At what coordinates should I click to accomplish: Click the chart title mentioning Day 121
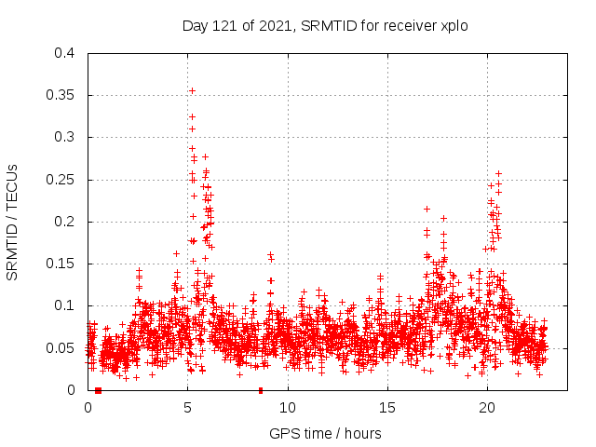(x=324, y=25)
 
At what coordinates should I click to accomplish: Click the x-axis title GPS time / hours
(x=325, y=433)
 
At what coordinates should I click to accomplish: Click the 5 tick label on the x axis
(x=188, y=407)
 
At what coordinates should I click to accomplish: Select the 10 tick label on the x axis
(x=288, y=407)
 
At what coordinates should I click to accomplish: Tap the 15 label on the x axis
(x=387, y=407)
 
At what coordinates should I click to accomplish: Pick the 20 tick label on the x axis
(x=487, y=407)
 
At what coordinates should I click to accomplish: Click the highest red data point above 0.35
(x=192, y=90)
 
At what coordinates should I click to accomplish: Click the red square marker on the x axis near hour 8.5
(x=261, y=390)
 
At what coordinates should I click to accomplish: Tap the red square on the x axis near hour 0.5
(x=98, y=390)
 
